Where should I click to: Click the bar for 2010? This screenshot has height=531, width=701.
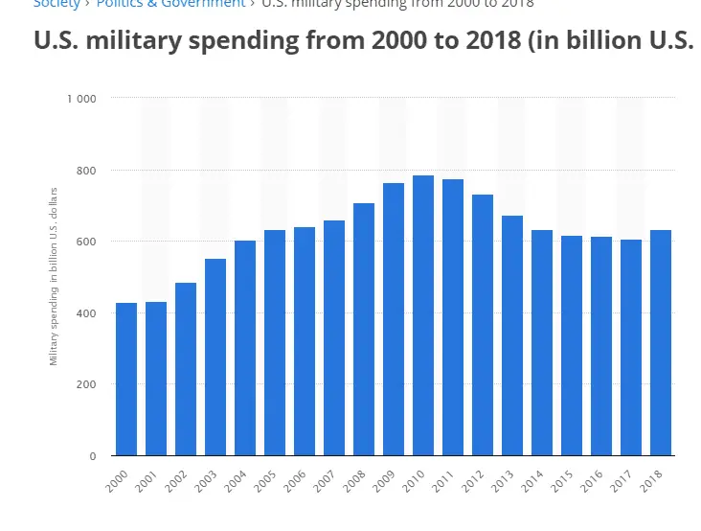tap(423, 316)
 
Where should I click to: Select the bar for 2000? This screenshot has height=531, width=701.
tap(126, 380)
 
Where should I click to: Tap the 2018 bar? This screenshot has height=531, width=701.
tap(661, 343)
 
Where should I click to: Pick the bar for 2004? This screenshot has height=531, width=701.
tap(245, 348)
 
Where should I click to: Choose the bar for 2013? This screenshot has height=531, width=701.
tap(512, 335)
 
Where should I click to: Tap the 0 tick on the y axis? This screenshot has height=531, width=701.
tap(93, 456)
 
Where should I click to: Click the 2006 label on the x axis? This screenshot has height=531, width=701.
tap(293, 479)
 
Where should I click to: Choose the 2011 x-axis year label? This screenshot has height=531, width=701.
tap(441, 479)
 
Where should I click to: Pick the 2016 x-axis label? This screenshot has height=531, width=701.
tap(590, 479)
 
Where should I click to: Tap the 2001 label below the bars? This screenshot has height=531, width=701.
tap(145, 479)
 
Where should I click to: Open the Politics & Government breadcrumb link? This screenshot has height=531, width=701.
tap(171, 4)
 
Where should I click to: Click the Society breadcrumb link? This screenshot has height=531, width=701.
tap(57, 4)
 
